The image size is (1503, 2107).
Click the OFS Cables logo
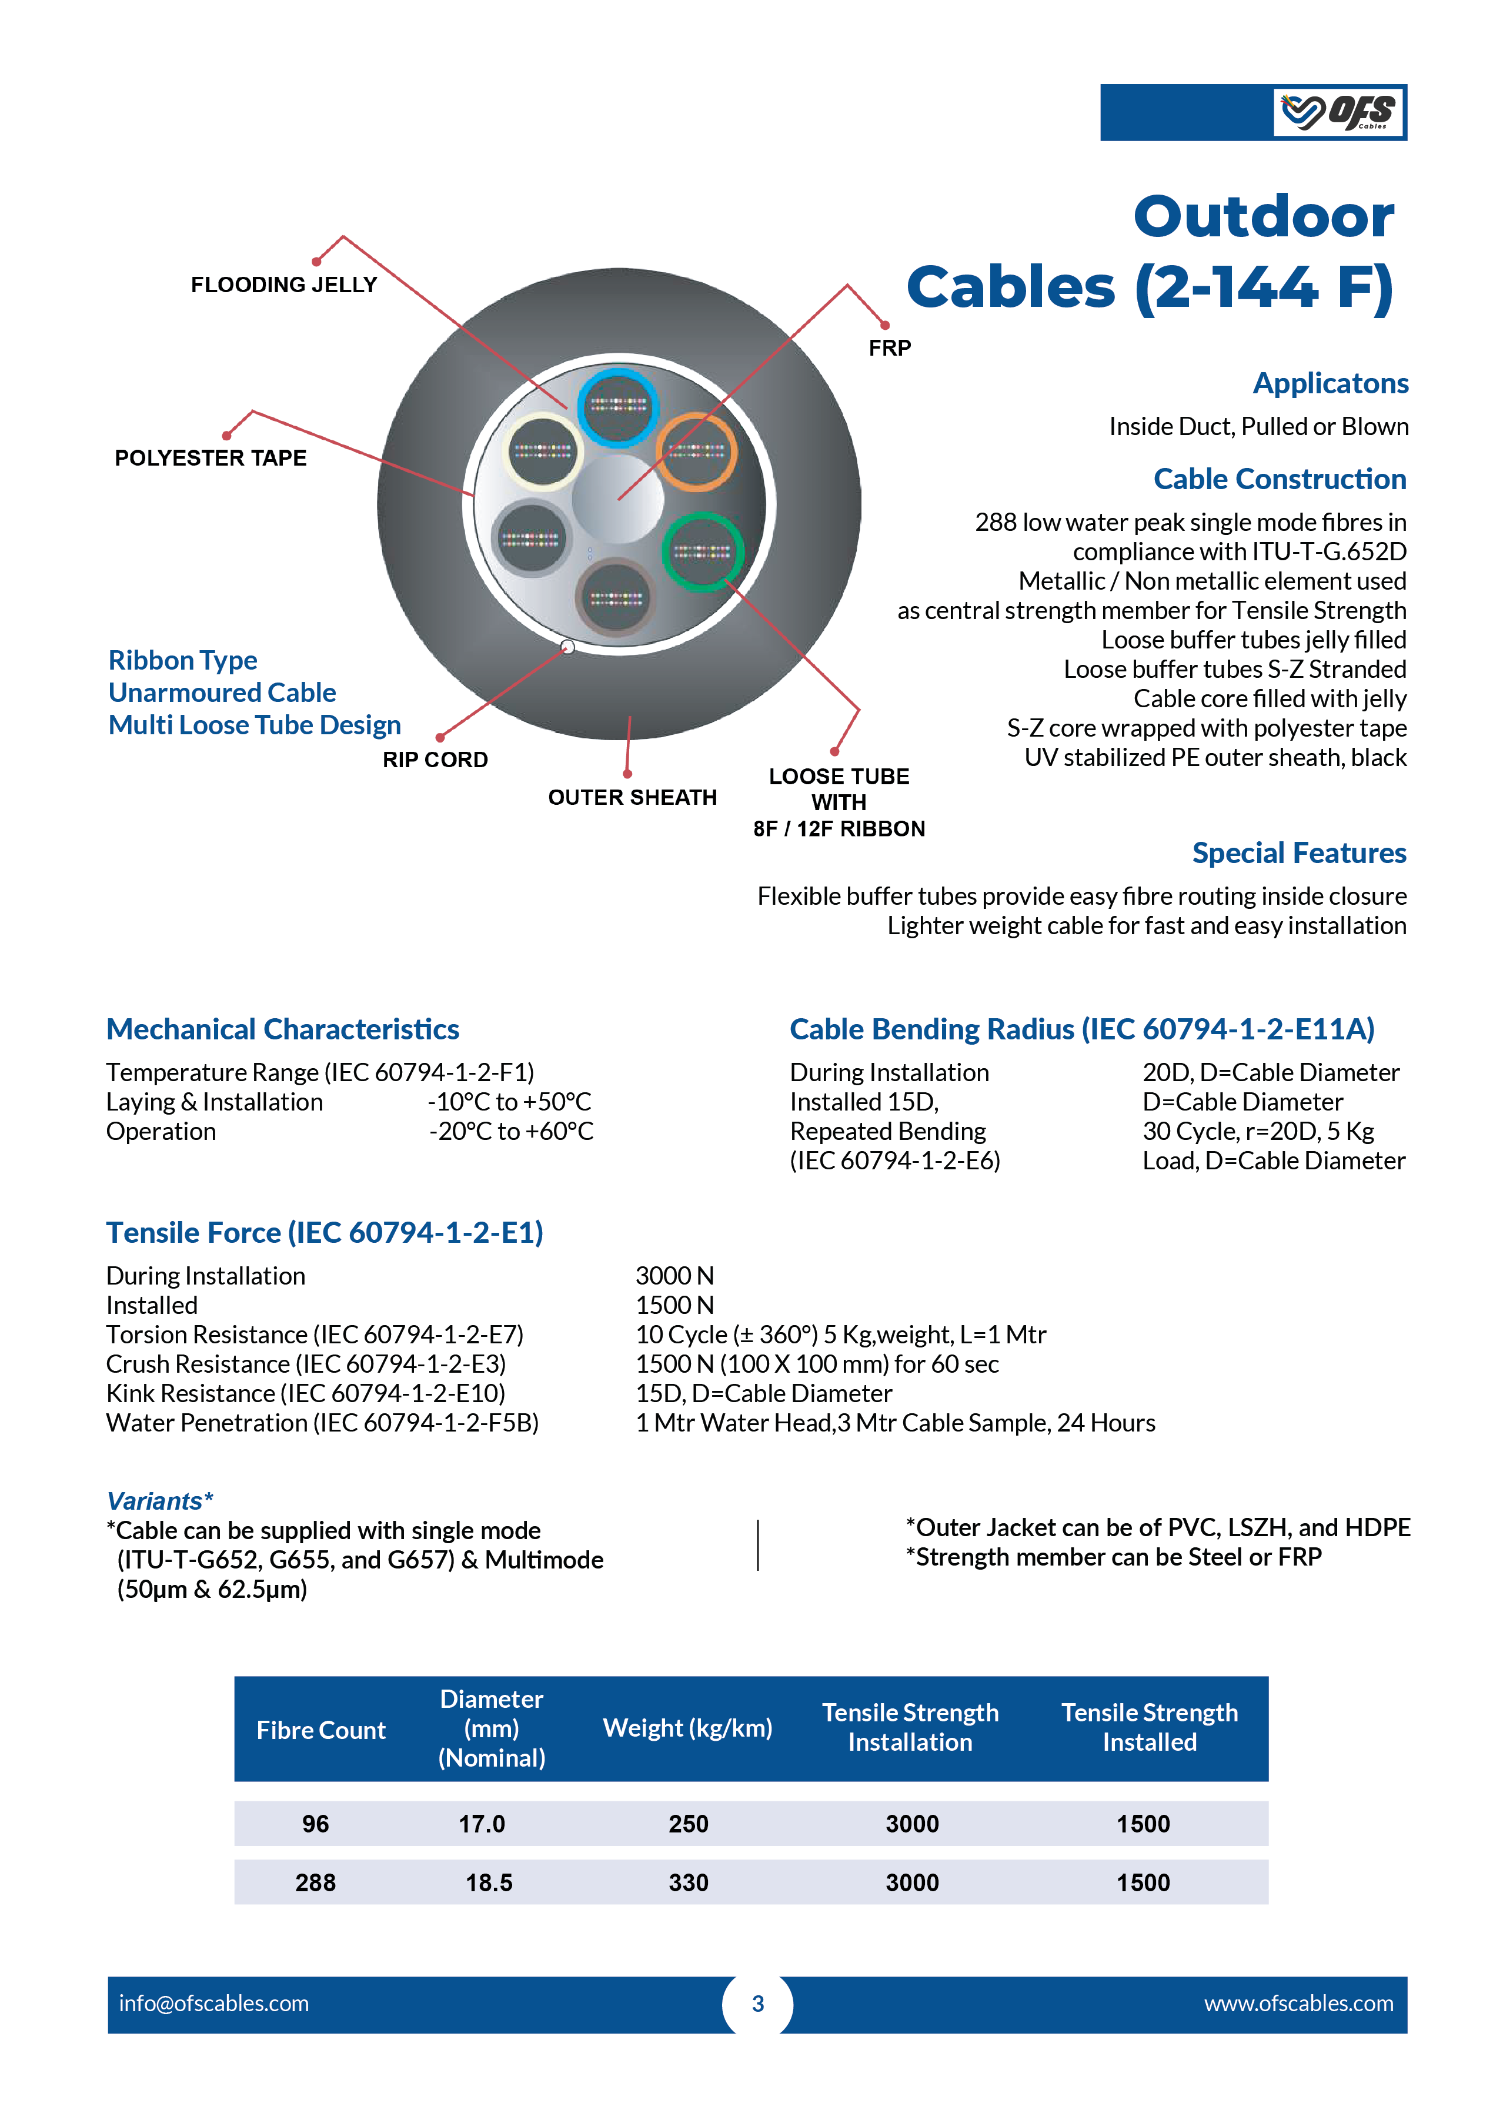(x=1339, y=112)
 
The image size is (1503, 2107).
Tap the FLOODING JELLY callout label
(x=284, y=285)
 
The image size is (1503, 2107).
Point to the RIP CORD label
(x=436, y=760)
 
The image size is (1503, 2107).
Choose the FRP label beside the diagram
(x=890, y=348)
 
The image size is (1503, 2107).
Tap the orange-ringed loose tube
(x=696, y=451)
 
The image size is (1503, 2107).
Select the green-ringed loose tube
(x=703, y=551)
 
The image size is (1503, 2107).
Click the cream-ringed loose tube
(x=544, y=451)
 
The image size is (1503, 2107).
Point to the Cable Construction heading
(x=1280, y=479)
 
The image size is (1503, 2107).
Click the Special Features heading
(x=1300, y=853)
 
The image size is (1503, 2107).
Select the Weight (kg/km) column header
(x=687, y=1728)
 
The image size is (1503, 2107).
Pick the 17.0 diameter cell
(x=482, y=1824)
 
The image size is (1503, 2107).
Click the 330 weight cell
(x=689, y=1882)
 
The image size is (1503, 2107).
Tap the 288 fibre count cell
(x=316, y=1882)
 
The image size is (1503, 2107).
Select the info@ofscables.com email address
(x=214, y=2004)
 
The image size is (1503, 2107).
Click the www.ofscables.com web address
(x=1298, y=2004)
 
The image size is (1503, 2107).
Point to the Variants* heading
(x=160, y=1501)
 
